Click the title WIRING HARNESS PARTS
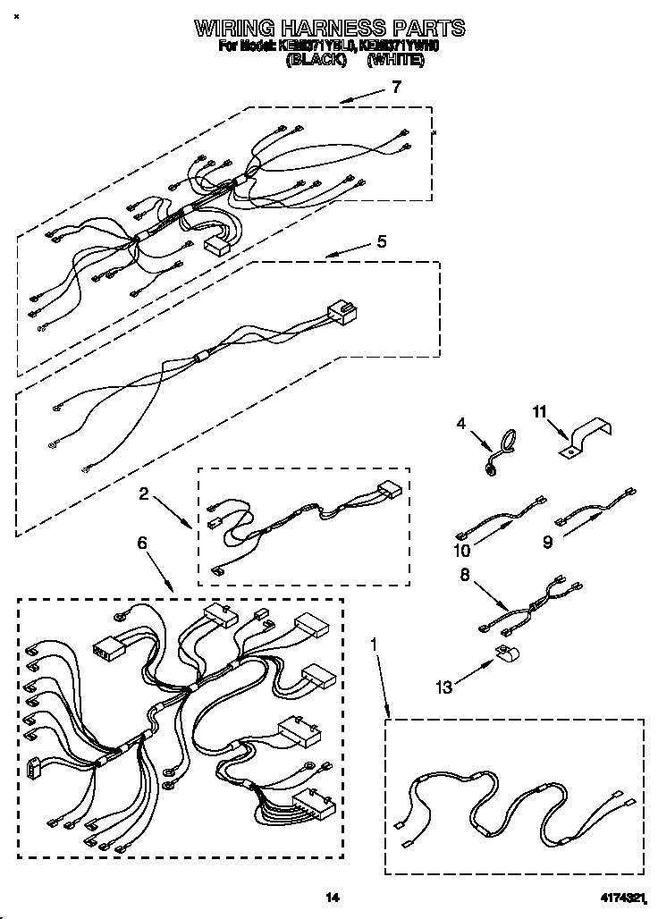click(x=330, y=28)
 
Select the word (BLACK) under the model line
click(x=316, y=62)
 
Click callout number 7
click(x=395, y=87)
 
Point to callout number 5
click(x=381, y=240)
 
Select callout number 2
click(x=143, y=492)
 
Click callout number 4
click(x=461, y=424)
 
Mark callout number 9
click(x=547, y=542)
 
